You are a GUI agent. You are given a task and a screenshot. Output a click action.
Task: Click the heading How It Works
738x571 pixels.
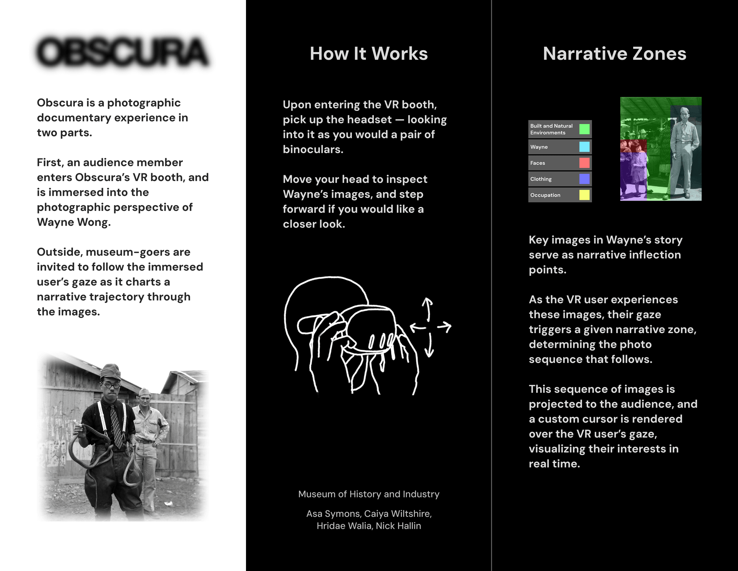(369, 54)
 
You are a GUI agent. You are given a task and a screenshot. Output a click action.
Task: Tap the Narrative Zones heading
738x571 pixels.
(614, 54)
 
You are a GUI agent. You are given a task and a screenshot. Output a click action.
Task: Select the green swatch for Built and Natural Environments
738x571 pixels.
(584, 129)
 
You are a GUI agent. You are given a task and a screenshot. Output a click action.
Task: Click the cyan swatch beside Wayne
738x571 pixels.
(584, 147)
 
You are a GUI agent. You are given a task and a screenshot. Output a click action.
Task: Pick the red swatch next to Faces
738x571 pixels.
(584, 163)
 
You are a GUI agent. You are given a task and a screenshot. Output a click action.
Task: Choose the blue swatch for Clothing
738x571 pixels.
(584, 179)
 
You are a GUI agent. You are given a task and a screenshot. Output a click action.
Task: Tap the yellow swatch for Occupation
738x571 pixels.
(584, 195)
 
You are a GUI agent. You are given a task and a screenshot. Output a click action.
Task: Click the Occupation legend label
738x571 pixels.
(545, 195)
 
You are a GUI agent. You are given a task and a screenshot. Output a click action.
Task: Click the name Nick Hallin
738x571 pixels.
(399, 526)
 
